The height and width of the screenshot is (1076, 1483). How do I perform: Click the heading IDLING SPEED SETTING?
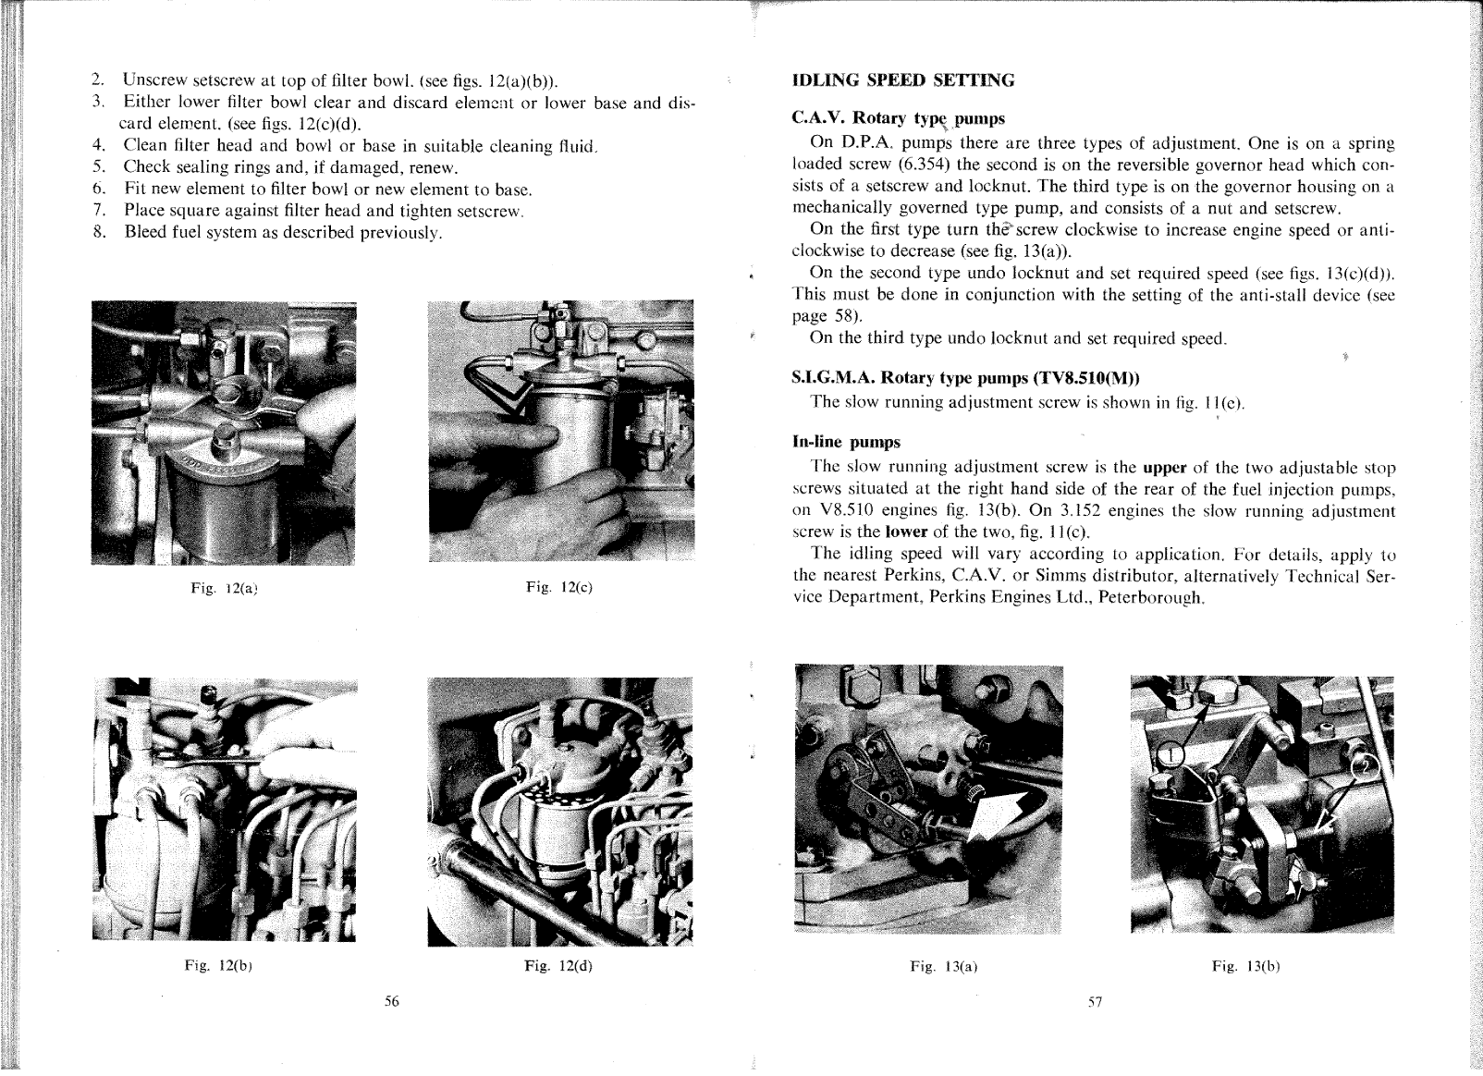[x=903, y=80]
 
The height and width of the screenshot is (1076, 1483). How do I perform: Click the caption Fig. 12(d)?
[x=558, y=967]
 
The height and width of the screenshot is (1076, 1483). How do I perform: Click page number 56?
[x=391, y=1002]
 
